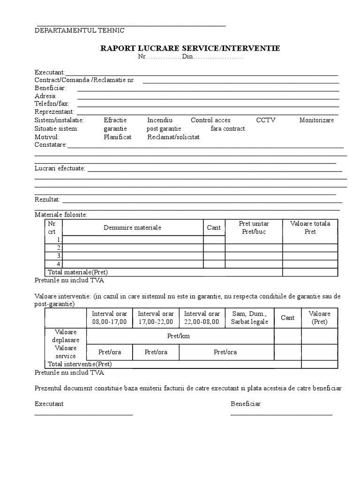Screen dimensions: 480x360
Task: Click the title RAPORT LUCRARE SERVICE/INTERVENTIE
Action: pyautogui.click(x=190, y=48)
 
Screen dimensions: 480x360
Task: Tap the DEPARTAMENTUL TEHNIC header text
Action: pyautogui.click(x=80, y=30)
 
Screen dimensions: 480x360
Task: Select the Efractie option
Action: pyautogui.click(x=115, y=120)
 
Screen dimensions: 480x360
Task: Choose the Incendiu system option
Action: pyautogui.click(x=160, y=120)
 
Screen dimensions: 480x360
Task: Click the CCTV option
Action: pyautogui.click(x=266, y=120)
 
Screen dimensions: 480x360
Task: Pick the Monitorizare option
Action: pyautogui.click(x=316, y=120)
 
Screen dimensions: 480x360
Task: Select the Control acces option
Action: pyautogui.click(x=210, y=120)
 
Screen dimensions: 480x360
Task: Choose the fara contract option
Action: pyautogui.click(x=228, y=128)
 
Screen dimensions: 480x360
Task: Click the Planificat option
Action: pyautogui.click(x=118, y=137)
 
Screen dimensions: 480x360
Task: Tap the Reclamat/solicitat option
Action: pyautogui.click(x=173, y=137)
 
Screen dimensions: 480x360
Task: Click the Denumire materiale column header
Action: pyautogui.click(x=133, y=227)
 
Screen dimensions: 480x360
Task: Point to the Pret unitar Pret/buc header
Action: pyautogui.click(x=254, y=227)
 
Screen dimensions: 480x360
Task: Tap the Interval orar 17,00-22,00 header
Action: pyautogui.click(x=156, y=317)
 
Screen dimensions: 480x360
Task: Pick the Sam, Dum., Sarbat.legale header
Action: pyautogui.click(x=249, y=317)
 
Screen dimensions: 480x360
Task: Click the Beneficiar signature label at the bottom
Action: pyautogui.click(x=246, y=404)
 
